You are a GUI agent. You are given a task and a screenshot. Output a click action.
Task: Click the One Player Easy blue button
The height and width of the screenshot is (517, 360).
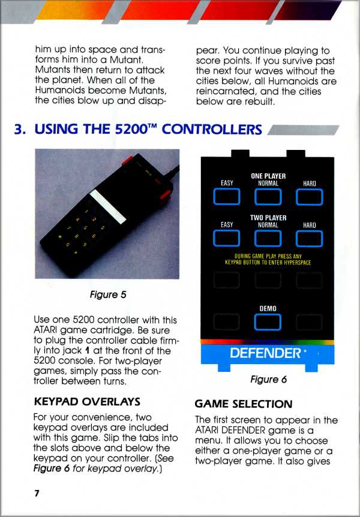tap(227, 197)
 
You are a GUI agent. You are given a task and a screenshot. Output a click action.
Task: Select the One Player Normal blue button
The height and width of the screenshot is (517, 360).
tap(268, 197)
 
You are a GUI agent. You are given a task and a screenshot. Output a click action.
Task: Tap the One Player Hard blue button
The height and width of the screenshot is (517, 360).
tap(309, 197)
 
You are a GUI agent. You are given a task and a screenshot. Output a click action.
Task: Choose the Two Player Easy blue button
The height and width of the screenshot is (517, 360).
tap(227, 238)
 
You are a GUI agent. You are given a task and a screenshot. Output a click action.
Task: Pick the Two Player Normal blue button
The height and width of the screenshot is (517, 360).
tap(268, 238)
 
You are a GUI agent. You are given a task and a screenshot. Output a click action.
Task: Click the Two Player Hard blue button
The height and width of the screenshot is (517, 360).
tap(309, 238)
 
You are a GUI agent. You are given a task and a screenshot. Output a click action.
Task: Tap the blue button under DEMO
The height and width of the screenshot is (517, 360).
tap(268, 322)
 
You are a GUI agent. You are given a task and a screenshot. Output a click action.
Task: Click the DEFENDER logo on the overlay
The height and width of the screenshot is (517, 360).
tap(266, 353)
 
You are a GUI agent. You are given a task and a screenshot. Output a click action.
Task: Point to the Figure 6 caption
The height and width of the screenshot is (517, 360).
tap(269, 380)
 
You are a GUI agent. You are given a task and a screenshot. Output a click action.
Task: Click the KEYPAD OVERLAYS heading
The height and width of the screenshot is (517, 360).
tap(87, 402)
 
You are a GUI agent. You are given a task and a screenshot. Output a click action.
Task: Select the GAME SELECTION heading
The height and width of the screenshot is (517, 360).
tap(244, 404)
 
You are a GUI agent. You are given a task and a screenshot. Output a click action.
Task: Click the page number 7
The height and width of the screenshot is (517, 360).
tap(36, 494)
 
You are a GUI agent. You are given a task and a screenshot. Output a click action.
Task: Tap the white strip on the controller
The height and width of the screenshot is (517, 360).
tap(108, 206)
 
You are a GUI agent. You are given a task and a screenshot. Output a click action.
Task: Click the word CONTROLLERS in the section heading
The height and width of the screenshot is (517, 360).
tap(212, 130)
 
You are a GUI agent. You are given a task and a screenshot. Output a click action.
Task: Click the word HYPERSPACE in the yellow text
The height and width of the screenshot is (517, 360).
tap(298, 263)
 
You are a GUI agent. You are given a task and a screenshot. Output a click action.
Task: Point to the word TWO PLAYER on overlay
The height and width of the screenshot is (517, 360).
tap(268, 218)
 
